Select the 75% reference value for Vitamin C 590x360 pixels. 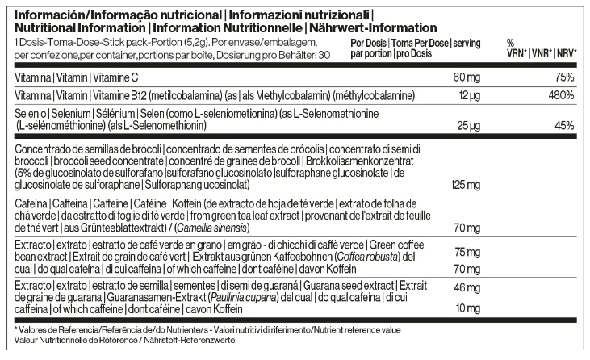563,77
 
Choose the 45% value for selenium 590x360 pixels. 563,127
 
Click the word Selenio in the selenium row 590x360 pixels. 31,115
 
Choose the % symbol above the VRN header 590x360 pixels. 510,42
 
